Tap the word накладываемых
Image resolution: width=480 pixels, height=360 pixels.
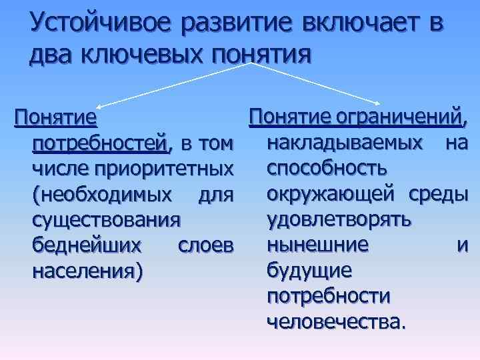point(343,143)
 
